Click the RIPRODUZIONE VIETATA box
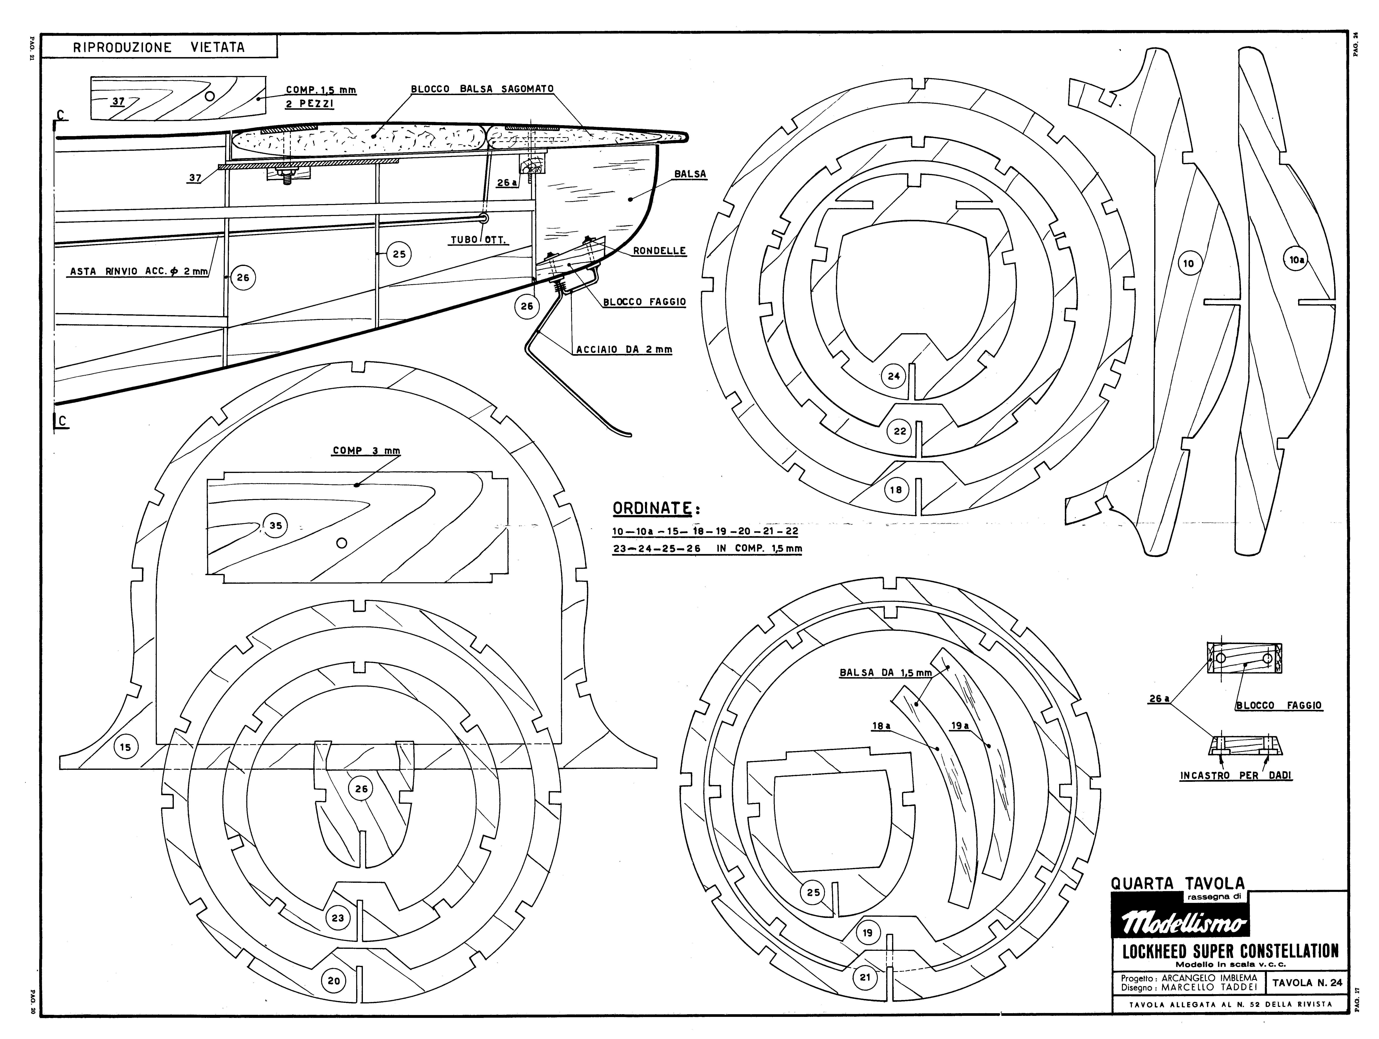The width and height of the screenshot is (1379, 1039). (x=159, y=47)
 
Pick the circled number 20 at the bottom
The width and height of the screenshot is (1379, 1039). (x=334, y=981)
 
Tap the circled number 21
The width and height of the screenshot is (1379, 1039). (x=865, y=977)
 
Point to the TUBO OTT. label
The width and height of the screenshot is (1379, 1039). (x=479, y=240)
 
